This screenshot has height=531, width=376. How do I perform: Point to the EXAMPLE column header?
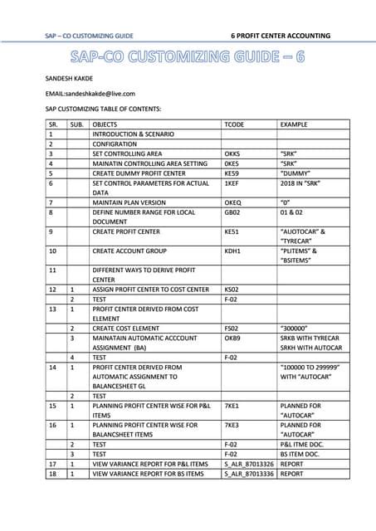[295, 124]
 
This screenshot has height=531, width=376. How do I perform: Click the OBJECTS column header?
[105, 124]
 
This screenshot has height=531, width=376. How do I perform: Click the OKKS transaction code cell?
[233, 153]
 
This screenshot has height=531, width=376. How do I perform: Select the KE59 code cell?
[233, 173]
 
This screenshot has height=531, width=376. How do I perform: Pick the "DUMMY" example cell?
[297, 173]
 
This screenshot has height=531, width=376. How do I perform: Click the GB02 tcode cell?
[233, 212]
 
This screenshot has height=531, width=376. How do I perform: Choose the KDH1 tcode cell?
[233, 250]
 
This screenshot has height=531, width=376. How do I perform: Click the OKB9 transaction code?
[233, 339]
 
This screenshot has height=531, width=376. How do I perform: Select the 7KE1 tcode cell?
[233, 406]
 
